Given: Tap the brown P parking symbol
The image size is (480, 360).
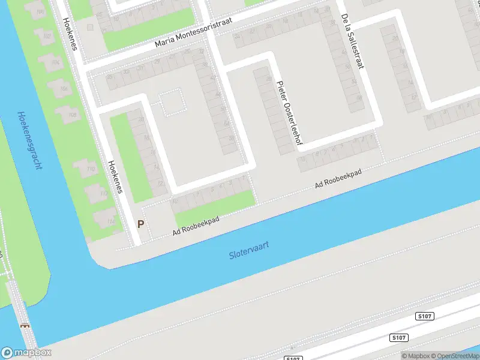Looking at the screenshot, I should [141, 224].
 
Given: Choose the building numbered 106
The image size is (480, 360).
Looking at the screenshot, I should [63, 89].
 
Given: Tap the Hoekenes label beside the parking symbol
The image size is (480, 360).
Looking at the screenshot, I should [115, 176].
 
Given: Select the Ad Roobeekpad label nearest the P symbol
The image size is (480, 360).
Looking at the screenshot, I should [196, 226].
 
